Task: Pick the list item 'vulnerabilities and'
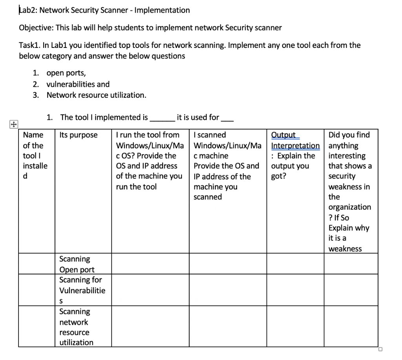click(78, 84)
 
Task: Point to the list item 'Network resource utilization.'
click(96, 95)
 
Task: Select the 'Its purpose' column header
click(79, 135)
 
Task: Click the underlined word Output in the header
click(284, 135)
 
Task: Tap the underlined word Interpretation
click(295, 146)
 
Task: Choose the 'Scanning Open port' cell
click(77, 264)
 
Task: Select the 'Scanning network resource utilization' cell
click(76, 327)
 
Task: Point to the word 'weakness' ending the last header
click(345, 249)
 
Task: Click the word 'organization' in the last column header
click(349, 207)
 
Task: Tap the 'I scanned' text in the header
click(210, 135)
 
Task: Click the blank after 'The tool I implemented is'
click(162, 118)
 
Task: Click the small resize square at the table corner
click(380, 349)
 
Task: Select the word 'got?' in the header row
click(279, 176)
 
